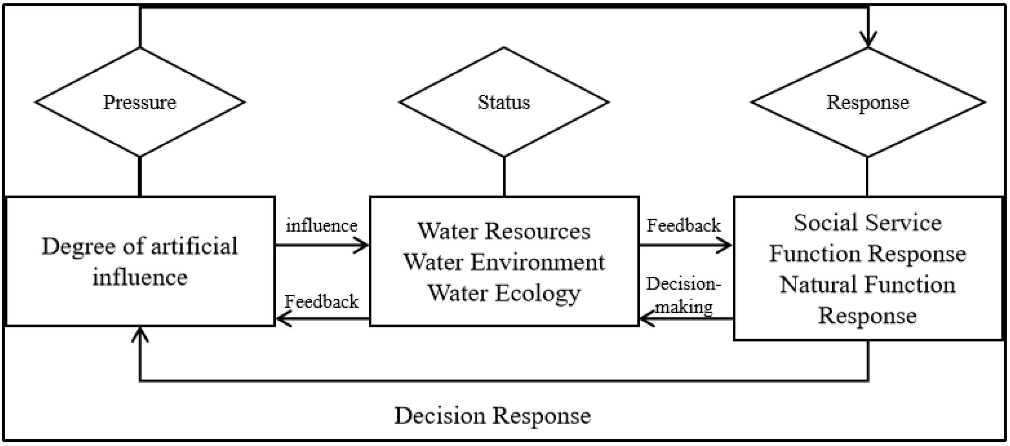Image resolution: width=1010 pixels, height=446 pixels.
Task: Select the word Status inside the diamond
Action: pos(503,103)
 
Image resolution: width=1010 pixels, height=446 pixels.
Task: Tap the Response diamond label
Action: pos(867,103)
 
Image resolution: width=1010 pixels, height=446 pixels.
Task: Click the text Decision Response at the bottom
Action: pos(493,416)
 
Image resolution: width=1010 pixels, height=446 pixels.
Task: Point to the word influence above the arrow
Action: pos(322,226)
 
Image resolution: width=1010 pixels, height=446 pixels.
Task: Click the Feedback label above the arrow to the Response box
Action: pos(683,226)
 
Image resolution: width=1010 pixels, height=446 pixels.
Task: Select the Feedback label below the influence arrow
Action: pos(322,302)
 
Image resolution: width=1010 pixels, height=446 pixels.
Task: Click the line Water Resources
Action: pos(503,231)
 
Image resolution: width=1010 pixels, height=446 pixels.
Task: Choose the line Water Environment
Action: pos(504,262)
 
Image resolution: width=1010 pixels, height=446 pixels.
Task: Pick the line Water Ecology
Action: pos(503,293)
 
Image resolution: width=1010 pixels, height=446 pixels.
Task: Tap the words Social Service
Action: pos(867,223)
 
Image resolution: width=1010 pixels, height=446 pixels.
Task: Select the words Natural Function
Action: pos(867,285)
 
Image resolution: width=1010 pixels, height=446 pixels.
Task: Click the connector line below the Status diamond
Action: pos(504,177)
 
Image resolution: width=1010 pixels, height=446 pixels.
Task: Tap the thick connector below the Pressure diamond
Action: pos(140,177)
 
